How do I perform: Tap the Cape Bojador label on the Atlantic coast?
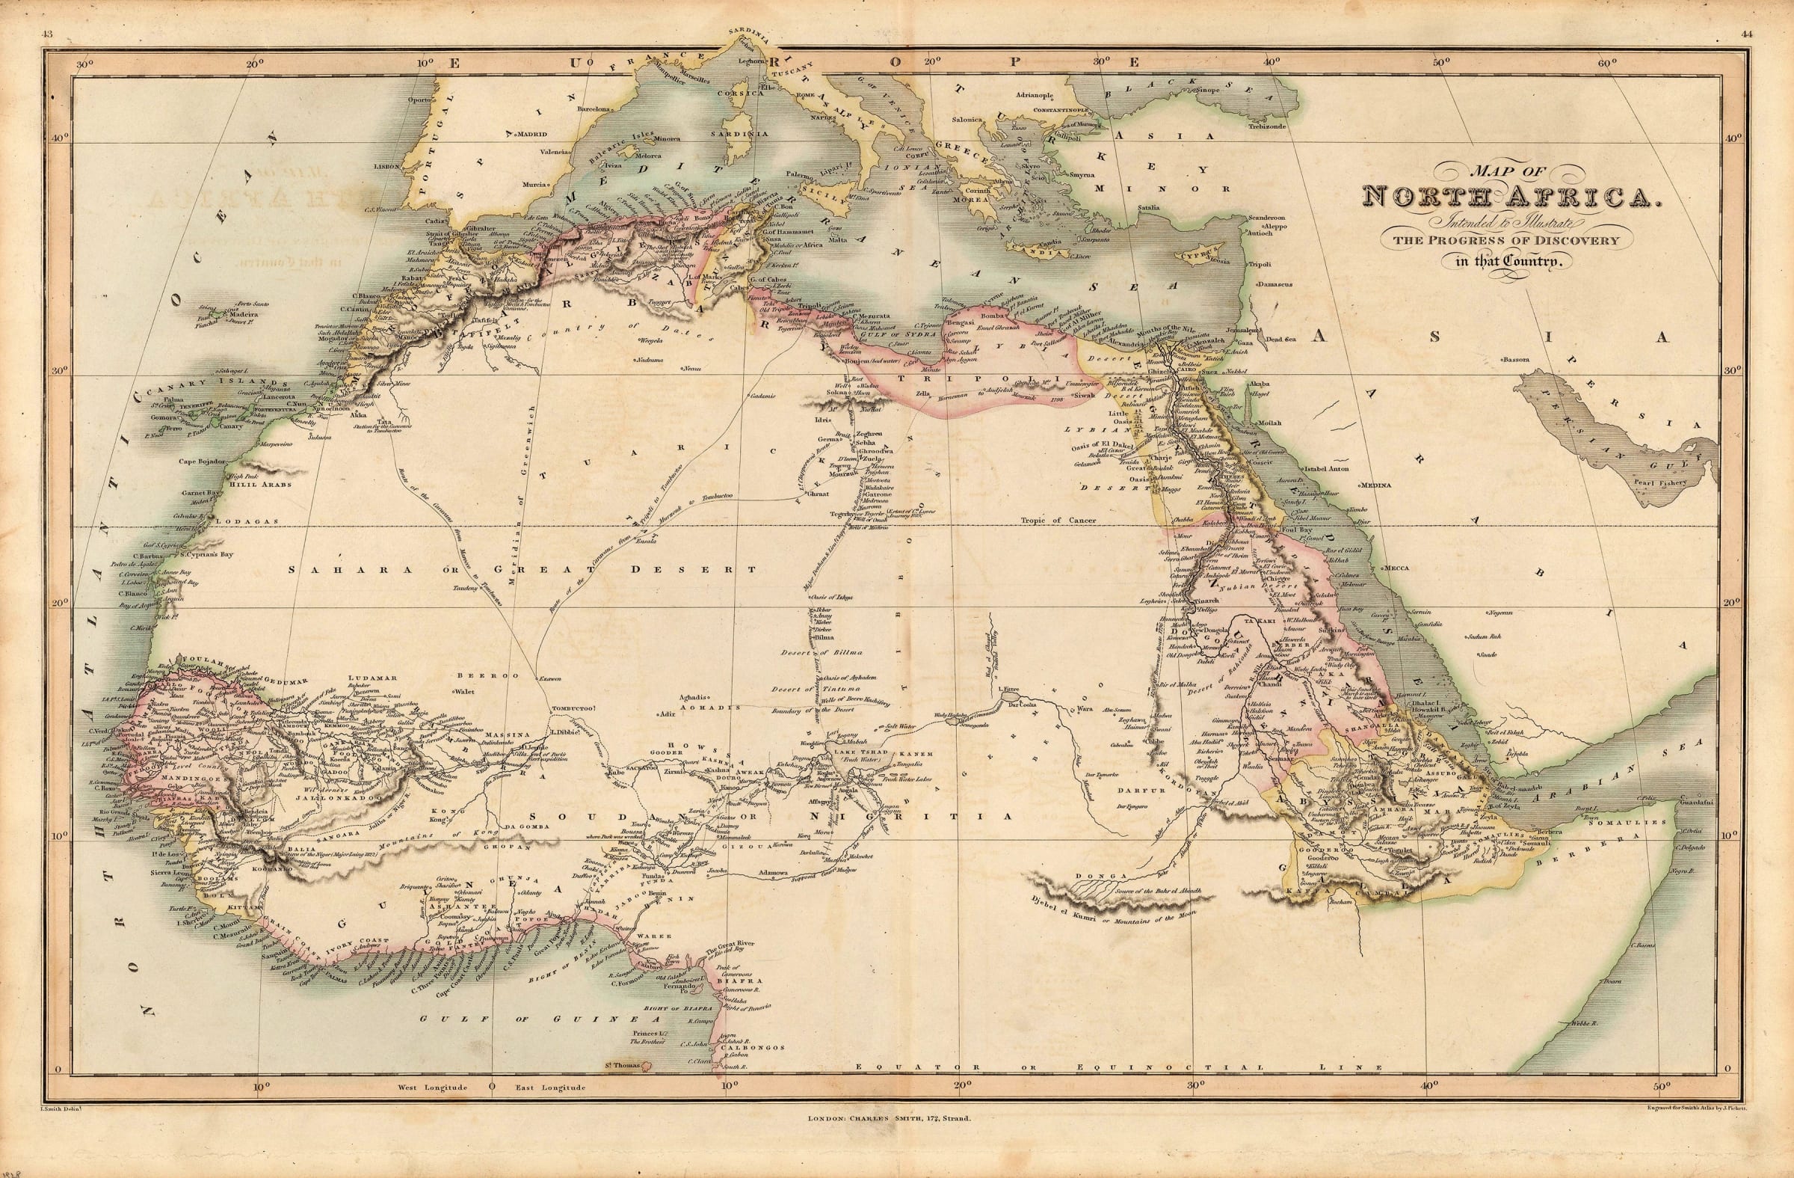203,461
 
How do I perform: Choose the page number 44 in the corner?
1747,34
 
